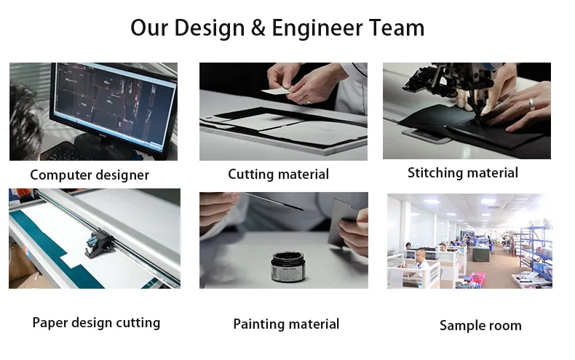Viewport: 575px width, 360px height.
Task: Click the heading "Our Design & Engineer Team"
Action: pos(277,28)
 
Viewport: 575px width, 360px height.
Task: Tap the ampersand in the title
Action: pos(259,28)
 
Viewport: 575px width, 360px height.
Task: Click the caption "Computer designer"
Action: pos(90,175)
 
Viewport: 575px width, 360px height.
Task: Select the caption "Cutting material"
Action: pos(278,175)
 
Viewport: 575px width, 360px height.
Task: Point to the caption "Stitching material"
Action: pos(463,173)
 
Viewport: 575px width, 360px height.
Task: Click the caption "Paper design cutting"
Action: pos(96,323)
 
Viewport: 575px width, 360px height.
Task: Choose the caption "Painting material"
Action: pos(286,324)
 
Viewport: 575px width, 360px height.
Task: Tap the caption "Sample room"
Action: pos(480,326)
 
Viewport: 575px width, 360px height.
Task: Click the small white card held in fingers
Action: pos(274,92)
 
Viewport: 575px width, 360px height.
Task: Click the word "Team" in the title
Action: pos(394,28)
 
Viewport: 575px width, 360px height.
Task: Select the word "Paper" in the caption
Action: pos(50,323)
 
